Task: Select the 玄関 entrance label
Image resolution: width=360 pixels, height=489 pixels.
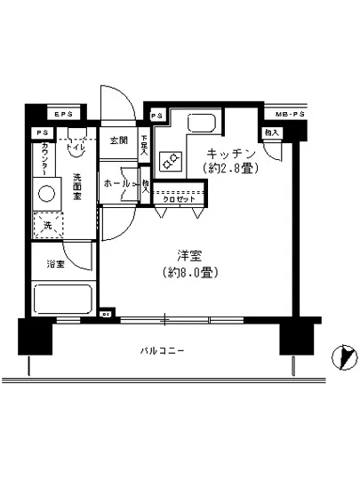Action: tap(118, 140)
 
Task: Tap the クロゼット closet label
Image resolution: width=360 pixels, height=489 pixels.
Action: tap(176, 198)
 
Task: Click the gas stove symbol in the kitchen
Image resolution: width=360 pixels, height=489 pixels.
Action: tap(170, 161)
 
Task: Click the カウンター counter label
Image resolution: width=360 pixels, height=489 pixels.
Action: tap(44, 160)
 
